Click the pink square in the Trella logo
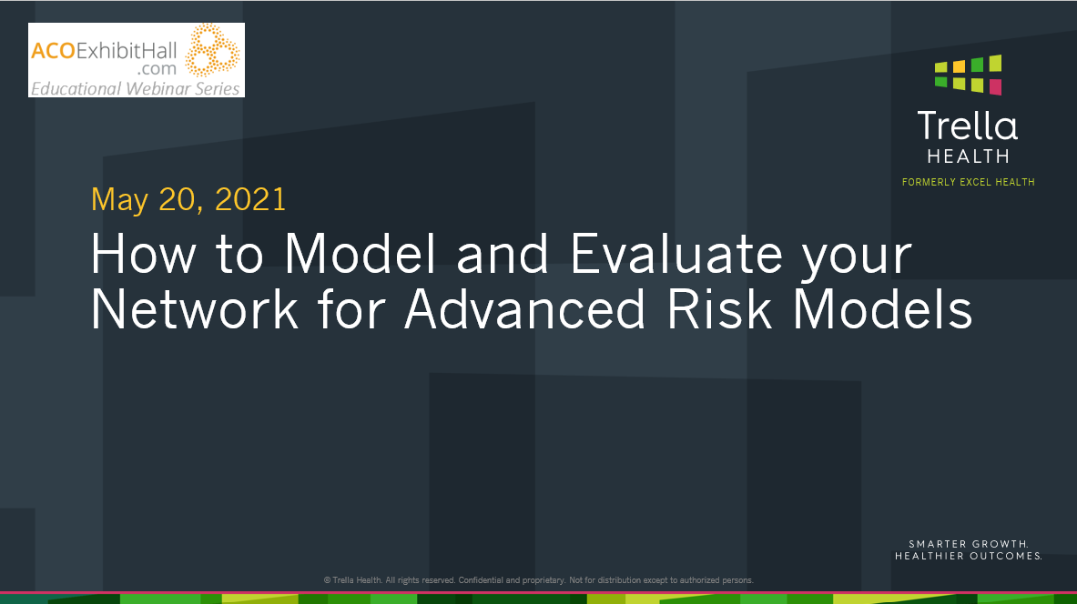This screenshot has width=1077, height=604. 995,87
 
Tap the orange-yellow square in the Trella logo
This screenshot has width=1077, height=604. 959,66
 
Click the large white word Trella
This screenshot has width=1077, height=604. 967,126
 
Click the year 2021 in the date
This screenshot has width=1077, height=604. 250,199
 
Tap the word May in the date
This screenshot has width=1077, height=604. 118,200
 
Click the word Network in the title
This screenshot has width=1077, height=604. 195,309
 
